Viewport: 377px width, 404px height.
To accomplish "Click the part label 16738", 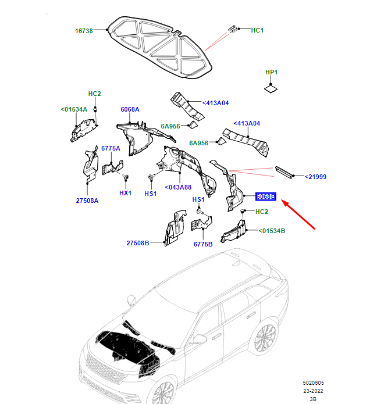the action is tap(84, 31).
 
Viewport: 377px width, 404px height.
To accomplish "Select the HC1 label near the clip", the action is tap(257, 30).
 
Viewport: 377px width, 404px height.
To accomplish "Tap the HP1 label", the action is tap(271, 72).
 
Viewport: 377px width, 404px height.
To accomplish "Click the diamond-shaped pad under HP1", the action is tap(271, 89).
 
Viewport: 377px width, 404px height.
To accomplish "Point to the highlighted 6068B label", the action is tap(266, 196).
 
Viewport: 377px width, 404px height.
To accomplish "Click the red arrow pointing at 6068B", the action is tap(298, 214).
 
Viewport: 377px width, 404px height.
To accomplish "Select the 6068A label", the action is tap(130, 109).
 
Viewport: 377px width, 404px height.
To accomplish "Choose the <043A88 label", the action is tap(178, 187).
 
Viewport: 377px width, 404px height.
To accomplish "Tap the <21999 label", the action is tap(316, 177).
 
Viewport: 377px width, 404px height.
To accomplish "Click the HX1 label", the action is tap(125, 193).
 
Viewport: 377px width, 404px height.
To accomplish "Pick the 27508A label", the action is tap(87, 201).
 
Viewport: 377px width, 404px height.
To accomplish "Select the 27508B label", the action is tap(138, 243).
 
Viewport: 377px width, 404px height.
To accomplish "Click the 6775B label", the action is tap(203, 244).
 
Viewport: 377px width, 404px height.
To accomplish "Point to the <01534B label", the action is tap(272, 231).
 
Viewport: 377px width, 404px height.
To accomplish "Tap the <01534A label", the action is tap(74, 109).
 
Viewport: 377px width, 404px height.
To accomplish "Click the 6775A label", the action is tap(111, 148).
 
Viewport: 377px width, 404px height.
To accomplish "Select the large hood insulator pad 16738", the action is tap(160, 47).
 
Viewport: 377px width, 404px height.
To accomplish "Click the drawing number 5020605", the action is tap(314, 383).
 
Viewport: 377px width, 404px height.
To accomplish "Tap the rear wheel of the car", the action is tap(266, 338).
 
